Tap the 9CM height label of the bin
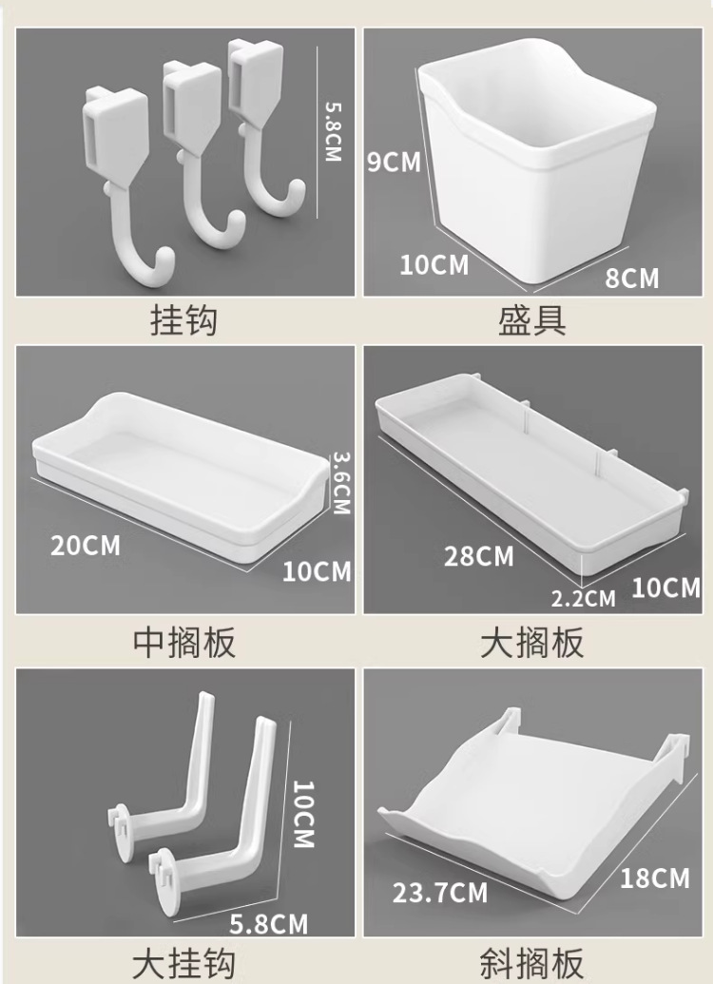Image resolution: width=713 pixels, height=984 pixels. (394, 163)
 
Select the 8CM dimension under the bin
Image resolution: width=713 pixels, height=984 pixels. (632, 278)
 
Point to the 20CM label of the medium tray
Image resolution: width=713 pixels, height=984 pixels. (86, 546)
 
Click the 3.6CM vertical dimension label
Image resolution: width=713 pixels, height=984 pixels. (340, 483)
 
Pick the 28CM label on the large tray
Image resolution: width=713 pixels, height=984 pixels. (479, 556)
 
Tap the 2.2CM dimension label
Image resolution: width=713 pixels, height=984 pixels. (584, 598)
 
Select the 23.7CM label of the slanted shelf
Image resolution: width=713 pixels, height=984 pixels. (441, 893)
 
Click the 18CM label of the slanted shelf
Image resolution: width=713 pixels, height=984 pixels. (655, 878)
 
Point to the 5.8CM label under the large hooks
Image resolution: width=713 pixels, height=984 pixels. (271, 922)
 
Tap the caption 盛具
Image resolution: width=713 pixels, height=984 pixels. (532, 320)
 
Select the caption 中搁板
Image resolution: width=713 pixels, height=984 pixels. (183, 644)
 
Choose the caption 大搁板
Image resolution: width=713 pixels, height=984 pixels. (532, 644)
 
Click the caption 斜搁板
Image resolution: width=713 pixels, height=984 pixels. (532, 963)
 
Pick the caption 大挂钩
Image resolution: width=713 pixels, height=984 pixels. (183, 961)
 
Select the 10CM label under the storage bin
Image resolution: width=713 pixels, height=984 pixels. (434, 264)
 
